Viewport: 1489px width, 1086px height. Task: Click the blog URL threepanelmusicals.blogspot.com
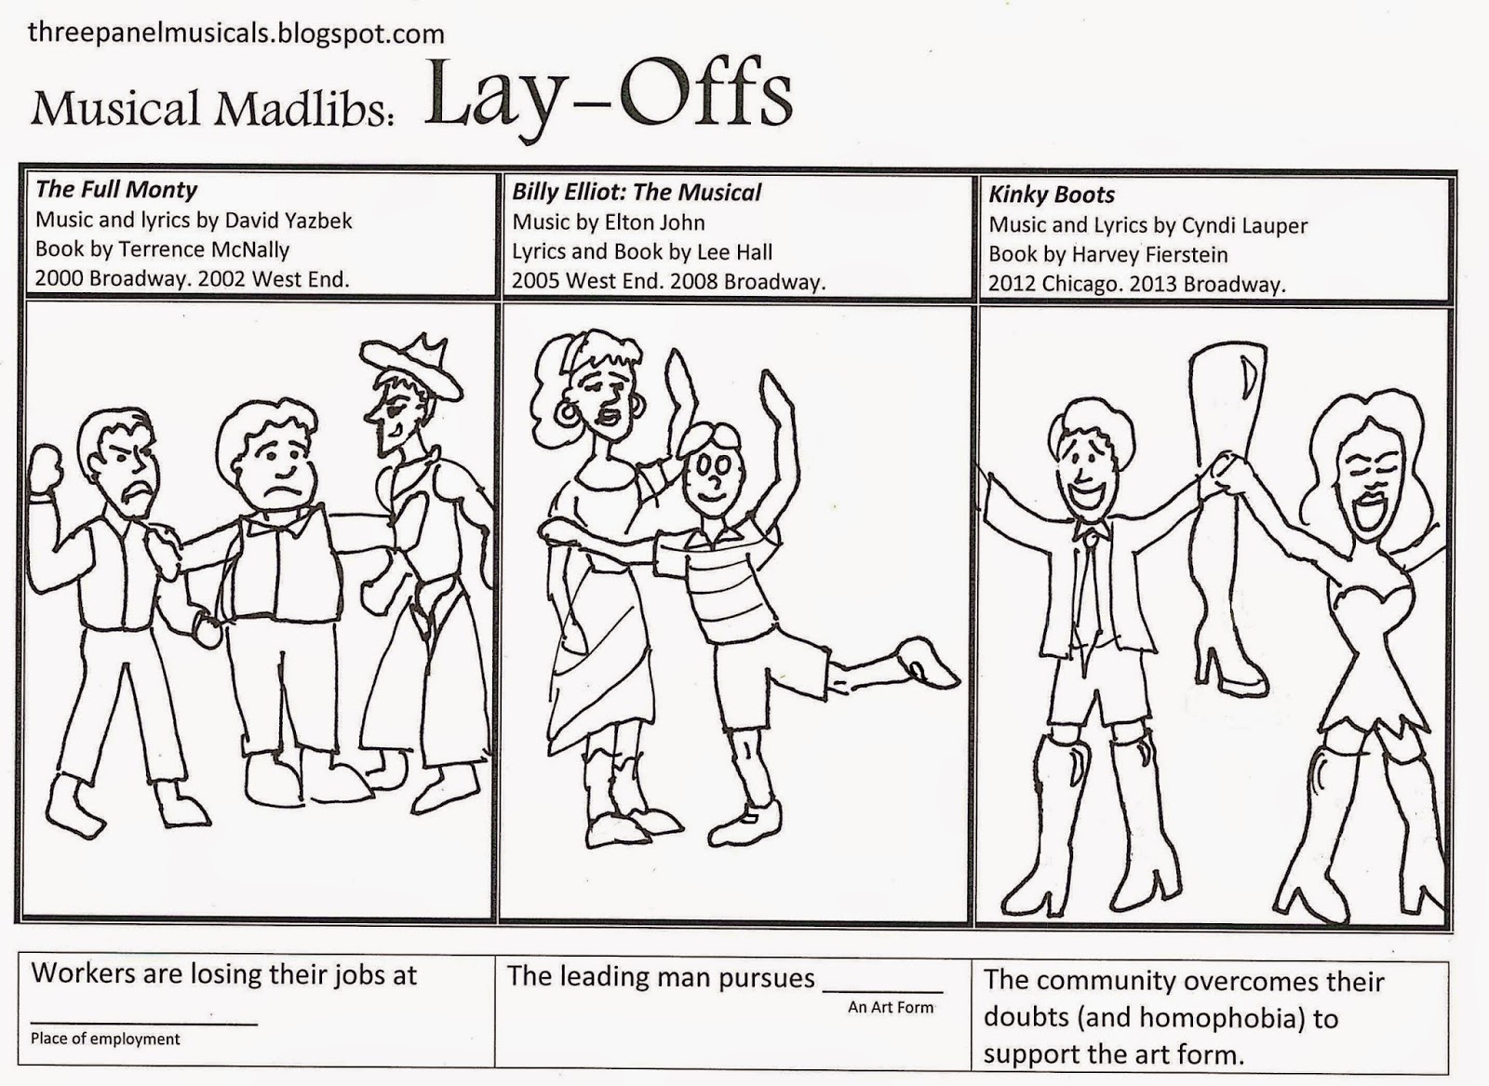[x=236, y=34]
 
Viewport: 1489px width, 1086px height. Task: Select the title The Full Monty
[x=116, y=190]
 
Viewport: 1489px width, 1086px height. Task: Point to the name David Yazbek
[x=288, y=221]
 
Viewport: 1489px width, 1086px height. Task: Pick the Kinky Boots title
[x=1052, y=194]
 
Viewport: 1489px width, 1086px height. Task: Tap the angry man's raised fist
[x=46, y=469]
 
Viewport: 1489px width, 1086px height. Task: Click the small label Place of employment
[x=105, y=1039]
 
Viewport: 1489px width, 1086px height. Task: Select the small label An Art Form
[x=891, y=1008]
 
